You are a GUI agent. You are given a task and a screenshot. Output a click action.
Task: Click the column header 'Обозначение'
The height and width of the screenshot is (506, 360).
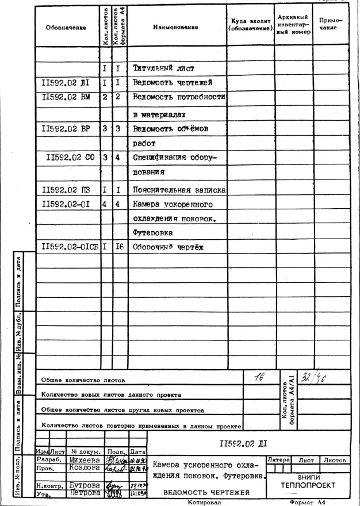(66, 28)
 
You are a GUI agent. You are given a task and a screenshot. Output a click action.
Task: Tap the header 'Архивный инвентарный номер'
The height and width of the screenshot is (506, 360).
(293, 25)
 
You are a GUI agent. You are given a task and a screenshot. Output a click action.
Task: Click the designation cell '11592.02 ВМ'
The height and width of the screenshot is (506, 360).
(66, 97)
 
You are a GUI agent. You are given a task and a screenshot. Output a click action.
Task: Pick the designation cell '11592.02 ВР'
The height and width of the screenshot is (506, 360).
(66, 128)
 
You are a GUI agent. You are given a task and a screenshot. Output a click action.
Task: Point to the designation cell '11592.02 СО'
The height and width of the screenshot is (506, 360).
(71, 157)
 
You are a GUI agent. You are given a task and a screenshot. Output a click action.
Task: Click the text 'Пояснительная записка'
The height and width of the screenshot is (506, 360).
(179, 189)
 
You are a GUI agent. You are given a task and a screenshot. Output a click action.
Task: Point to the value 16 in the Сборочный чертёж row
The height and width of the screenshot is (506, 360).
(119, 247)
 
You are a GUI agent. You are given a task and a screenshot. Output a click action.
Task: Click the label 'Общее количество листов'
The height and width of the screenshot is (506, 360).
(83, 380)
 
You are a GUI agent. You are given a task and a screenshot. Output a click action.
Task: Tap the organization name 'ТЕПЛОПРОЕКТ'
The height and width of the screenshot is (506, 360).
(308, 486)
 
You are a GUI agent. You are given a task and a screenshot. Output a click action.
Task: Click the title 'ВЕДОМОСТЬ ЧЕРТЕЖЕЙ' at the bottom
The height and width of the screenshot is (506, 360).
(206, 493)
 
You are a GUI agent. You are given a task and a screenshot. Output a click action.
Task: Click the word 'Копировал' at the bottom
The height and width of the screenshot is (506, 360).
(204, 502)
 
